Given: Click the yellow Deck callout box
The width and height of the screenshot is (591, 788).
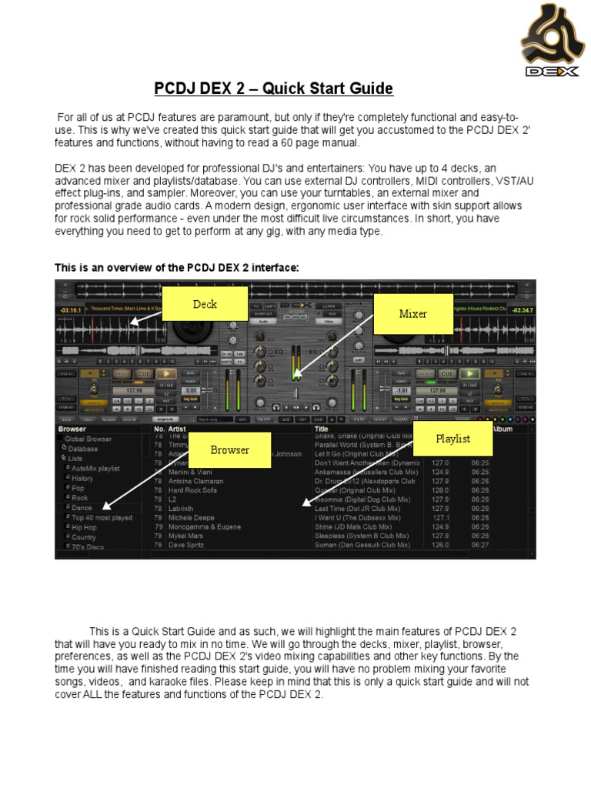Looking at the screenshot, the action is point(205,304).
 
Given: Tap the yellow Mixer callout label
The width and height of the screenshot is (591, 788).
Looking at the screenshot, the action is point(412,313).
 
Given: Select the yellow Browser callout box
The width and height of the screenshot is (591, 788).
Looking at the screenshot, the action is point(230,449).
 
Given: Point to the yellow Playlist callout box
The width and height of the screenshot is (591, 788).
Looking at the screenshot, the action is point(452,439).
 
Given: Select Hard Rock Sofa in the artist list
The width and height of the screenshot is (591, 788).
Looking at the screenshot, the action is point(193,490).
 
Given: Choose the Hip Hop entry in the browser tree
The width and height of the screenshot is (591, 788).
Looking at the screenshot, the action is point(85,527).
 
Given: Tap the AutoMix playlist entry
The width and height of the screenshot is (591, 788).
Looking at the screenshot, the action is point(95,468).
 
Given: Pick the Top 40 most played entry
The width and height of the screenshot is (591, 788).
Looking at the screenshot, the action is point(102,518).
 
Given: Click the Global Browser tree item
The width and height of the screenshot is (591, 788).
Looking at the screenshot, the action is point(88,439).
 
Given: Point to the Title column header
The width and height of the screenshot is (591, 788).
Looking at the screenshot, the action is point(322,429).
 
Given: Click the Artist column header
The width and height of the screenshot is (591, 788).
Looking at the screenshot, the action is point(178,429).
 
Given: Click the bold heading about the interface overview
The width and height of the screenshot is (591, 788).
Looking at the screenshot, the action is point(176,267).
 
